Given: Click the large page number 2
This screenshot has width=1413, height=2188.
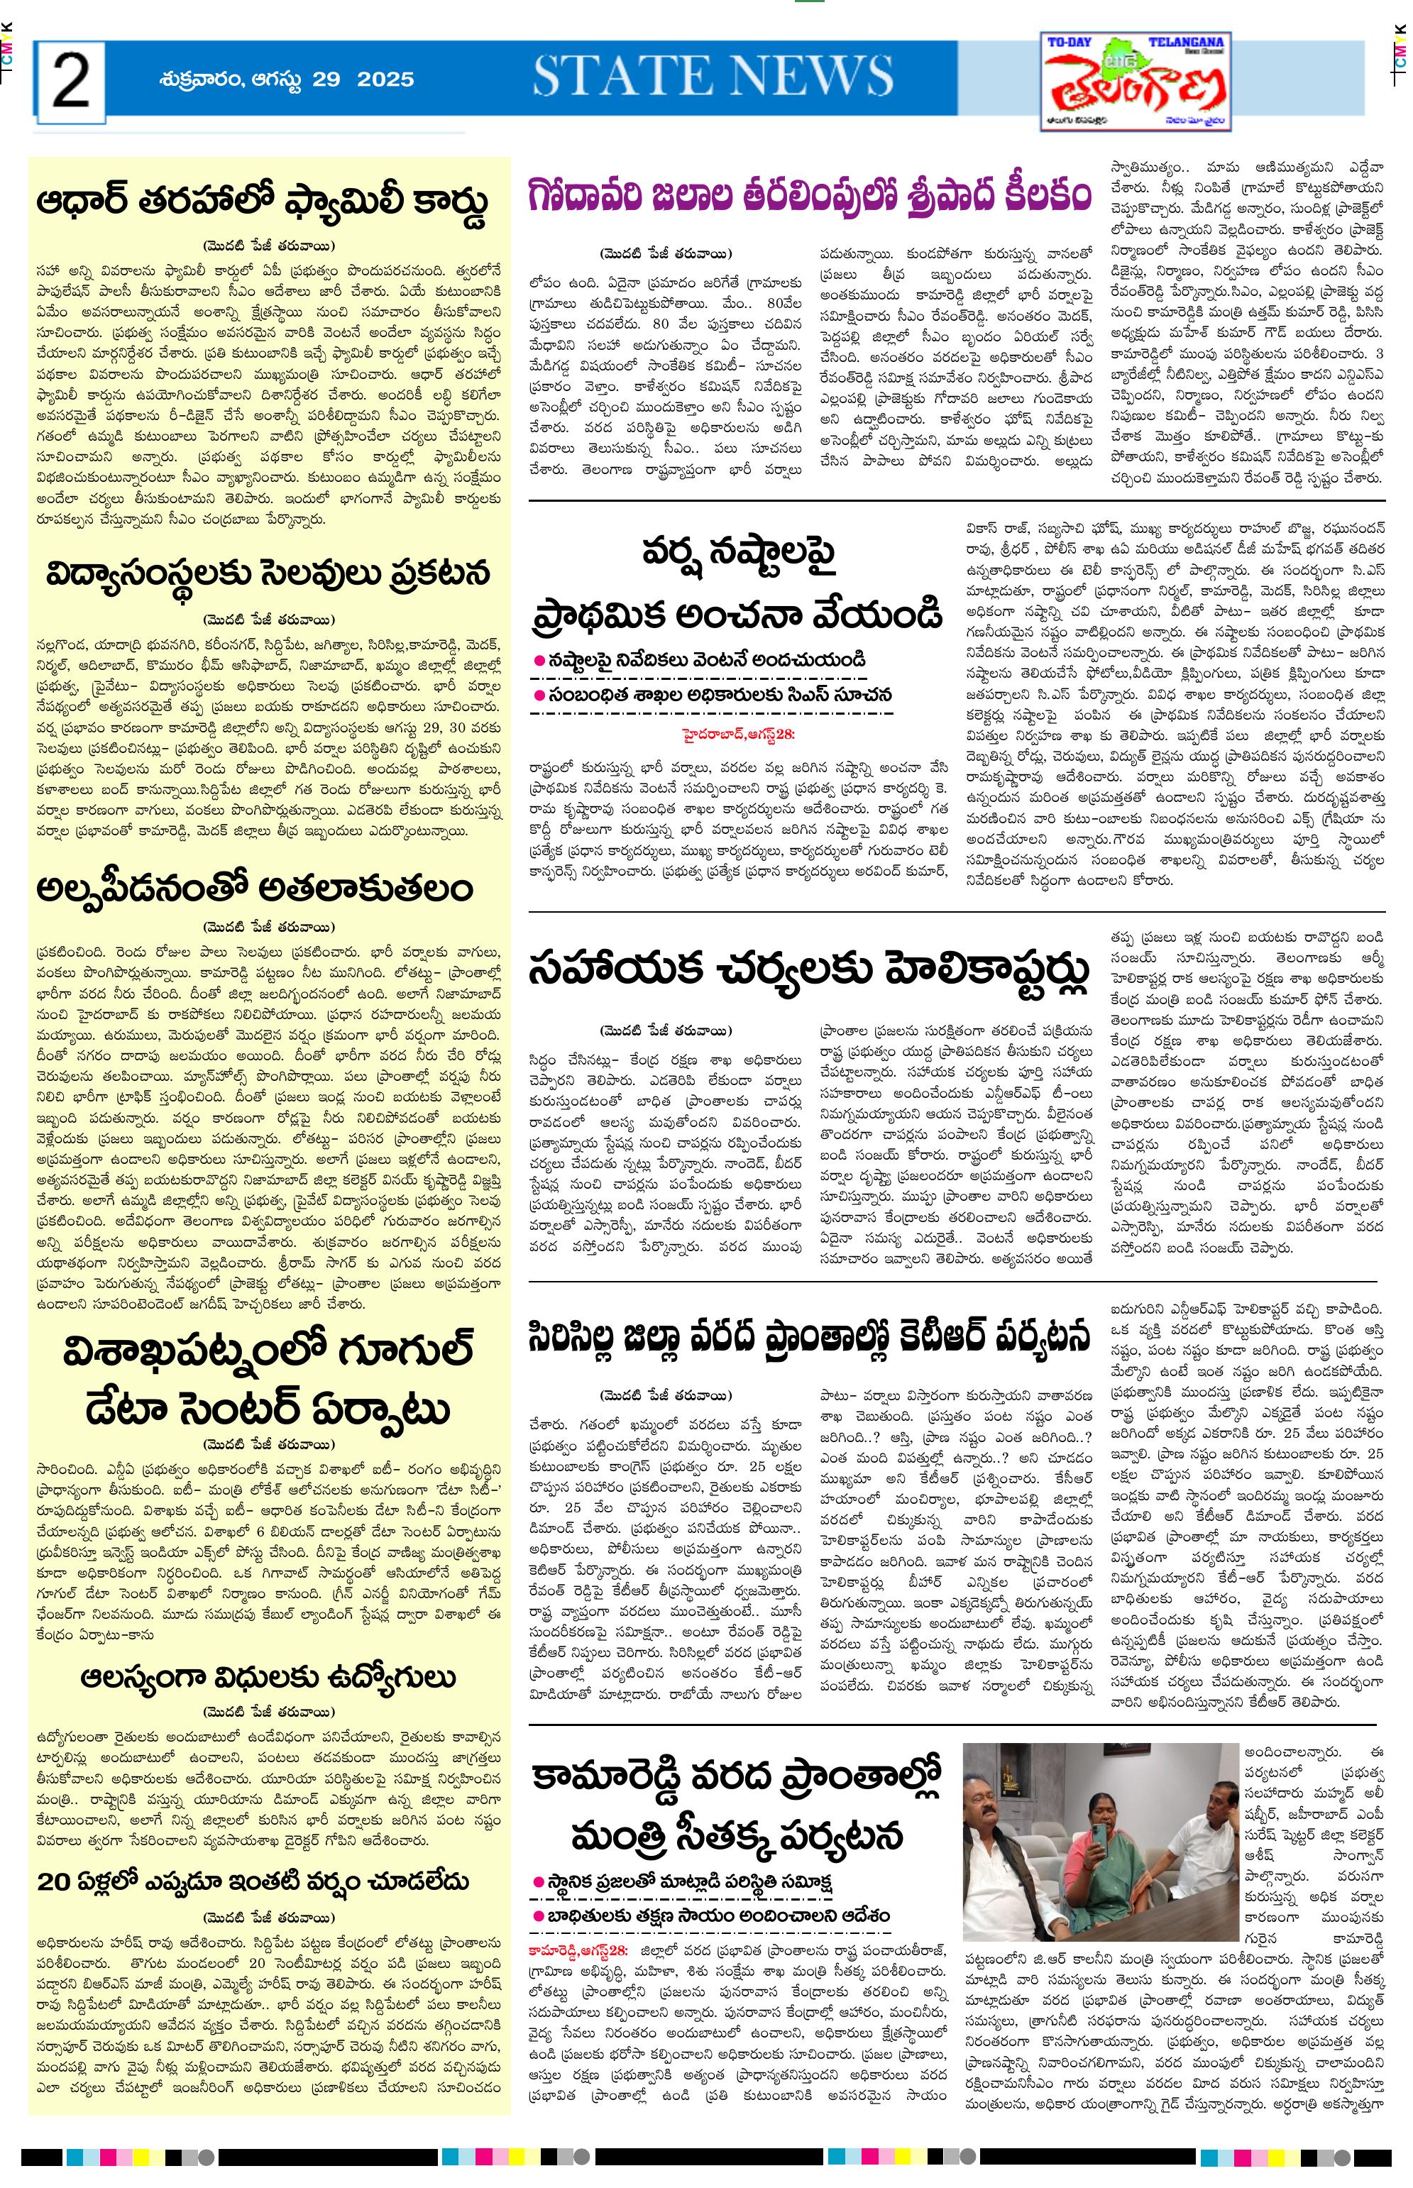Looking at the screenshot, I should (71, 81).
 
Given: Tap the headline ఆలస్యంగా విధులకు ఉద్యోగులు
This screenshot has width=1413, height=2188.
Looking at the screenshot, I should (268, 1677).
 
